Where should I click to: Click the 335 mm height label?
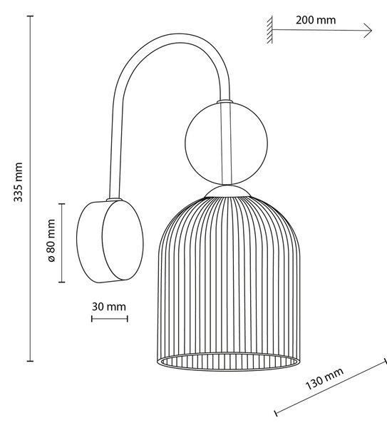tap(19, 182)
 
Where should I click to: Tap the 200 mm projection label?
tap(316, 20)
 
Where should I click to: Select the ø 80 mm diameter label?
tap(51, 240)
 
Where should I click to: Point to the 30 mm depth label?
tap(109, 307)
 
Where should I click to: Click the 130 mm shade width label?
tap(324, 379)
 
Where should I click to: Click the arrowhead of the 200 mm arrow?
tap(368, 30)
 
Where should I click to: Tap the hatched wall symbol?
tap(269, 30)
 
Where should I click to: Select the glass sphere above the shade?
tap(226, 143)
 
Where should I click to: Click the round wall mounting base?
tap(110, 241)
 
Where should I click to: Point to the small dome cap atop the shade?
tap(227, 191)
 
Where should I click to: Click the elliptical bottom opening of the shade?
tap(229, 362)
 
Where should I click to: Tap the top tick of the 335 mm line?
tap(30, 16)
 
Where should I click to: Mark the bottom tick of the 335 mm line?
tap(30, 361)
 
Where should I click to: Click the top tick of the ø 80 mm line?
tap(61, 203)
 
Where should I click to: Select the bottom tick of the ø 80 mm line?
tap(61, 282)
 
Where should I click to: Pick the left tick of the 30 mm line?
tap(92, 319)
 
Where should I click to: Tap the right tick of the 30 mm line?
tap(128, 319)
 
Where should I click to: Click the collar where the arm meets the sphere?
tap(225, 101)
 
